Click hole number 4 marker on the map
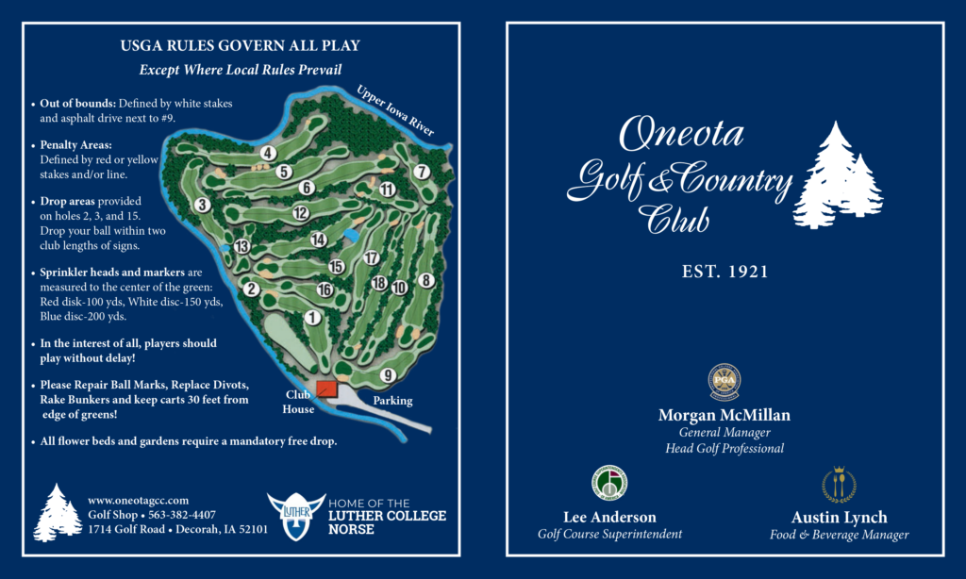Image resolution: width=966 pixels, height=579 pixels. [x=269, y=153]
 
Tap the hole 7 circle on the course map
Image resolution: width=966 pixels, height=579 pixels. [x=422, y=172]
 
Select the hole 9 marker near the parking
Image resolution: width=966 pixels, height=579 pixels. [x=387, y=375]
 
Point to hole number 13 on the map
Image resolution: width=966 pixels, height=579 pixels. [x=241, y=247]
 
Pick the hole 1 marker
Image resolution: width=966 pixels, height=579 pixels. [x=312, y=318]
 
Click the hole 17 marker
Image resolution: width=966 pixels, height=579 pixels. [x=372, y=258]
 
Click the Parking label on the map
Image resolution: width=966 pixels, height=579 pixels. [x=392, y=401]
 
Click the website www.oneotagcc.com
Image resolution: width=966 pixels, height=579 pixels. [x=139, y=500]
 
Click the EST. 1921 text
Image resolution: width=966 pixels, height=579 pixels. [x=724, y=272]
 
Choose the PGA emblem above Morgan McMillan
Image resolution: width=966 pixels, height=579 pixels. [x=724, y=382]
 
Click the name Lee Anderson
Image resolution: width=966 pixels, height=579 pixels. [x=609, y=517]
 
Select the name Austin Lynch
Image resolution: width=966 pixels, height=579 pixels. [x=840, y=517]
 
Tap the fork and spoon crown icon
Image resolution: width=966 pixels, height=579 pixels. [x=839, y=484]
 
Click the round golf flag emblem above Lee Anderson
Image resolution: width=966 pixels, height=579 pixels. [x=609, y=482]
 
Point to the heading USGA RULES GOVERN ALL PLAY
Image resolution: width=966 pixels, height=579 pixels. [x=240, y=45]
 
